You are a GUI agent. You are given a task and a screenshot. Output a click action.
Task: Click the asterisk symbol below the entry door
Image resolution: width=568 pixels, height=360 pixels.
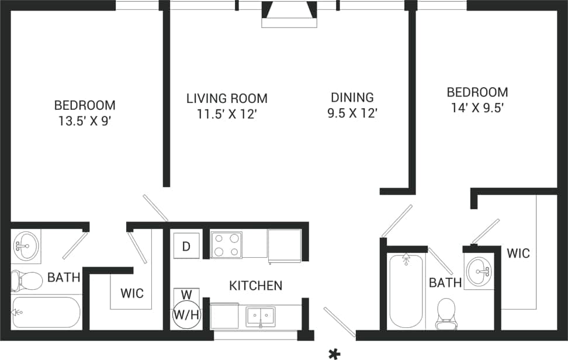coord(334,353)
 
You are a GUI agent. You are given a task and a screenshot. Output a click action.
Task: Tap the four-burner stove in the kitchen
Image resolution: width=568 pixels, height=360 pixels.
coord(227,245)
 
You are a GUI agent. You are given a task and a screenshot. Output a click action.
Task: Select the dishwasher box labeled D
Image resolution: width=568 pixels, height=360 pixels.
coord(186,246)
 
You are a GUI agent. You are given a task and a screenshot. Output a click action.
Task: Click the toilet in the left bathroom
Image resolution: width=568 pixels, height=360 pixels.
coord(27,281)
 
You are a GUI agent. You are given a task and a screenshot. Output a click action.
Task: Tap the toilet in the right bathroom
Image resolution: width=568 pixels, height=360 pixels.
coord(446,310)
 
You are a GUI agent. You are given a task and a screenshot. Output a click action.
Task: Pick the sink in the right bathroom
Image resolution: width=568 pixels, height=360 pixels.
coord(480,271)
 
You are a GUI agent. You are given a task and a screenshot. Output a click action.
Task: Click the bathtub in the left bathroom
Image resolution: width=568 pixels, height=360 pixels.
coord(46,313)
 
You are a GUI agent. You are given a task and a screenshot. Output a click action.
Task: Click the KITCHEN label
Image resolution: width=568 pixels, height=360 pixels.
coord(255,286)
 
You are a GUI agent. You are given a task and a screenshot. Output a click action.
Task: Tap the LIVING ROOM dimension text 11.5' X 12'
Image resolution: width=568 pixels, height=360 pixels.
coord(227,115)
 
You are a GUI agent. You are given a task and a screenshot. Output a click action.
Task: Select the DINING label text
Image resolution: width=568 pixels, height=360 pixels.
coord(352,98)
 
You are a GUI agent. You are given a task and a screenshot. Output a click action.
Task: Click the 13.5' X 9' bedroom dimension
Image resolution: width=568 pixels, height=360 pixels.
coord(85,122)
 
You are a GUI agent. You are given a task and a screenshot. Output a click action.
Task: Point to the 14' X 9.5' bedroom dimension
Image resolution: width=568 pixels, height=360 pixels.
coord(477,108)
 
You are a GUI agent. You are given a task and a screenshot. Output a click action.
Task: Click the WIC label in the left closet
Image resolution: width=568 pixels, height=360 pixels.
coord(132,293)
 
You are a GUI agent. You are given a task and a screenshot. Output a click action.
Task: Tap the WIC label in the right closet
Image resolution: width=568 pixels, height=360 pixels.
coord(518,253)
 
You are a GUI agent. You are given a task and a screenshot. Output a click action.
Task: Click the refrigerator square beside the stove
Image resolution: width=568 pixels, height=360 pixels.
coord(285,244)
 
